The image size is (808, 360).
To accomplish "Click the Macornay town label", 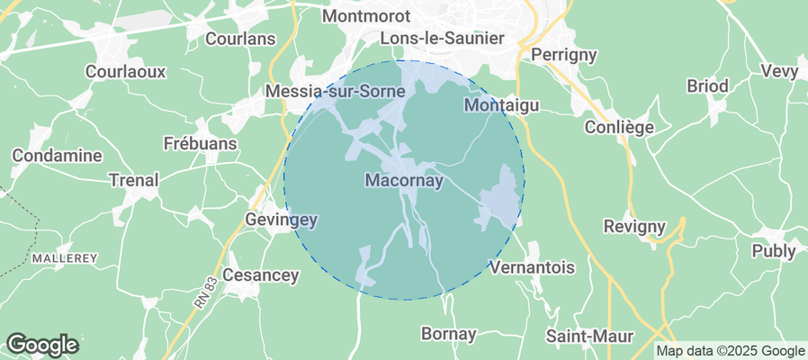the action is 405,181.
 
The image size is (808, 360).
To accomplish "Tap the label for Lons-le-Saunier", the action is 442,38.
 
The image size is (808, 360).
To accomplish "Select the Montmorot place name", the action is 365,16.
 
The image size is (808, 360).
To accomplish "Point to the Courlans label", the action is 240,39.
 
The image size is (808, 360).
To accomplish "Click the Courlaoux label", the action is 121,70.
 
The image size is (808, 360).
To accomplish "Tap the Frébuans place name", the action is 201,143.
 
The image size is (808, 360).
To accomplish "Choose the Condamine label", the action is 56,156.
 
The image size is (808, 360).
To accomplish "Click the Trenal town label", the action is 133,180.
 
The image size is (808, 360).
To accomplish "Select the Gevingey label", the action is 282,219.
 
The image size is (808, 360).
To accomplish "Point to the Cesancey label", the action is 260,275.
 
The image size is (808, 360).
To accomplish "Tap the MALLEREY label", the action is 64,257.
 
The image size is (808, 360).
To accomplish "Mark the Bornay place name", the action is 449,334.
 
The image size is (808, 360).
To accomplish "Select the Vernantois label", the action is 530,267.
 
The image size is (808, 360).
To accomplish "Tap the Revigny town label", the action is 634,226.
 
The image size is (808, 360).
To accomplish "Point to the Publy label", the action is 774,251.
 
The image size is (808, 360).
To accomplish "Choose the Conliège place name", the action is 619,127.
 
